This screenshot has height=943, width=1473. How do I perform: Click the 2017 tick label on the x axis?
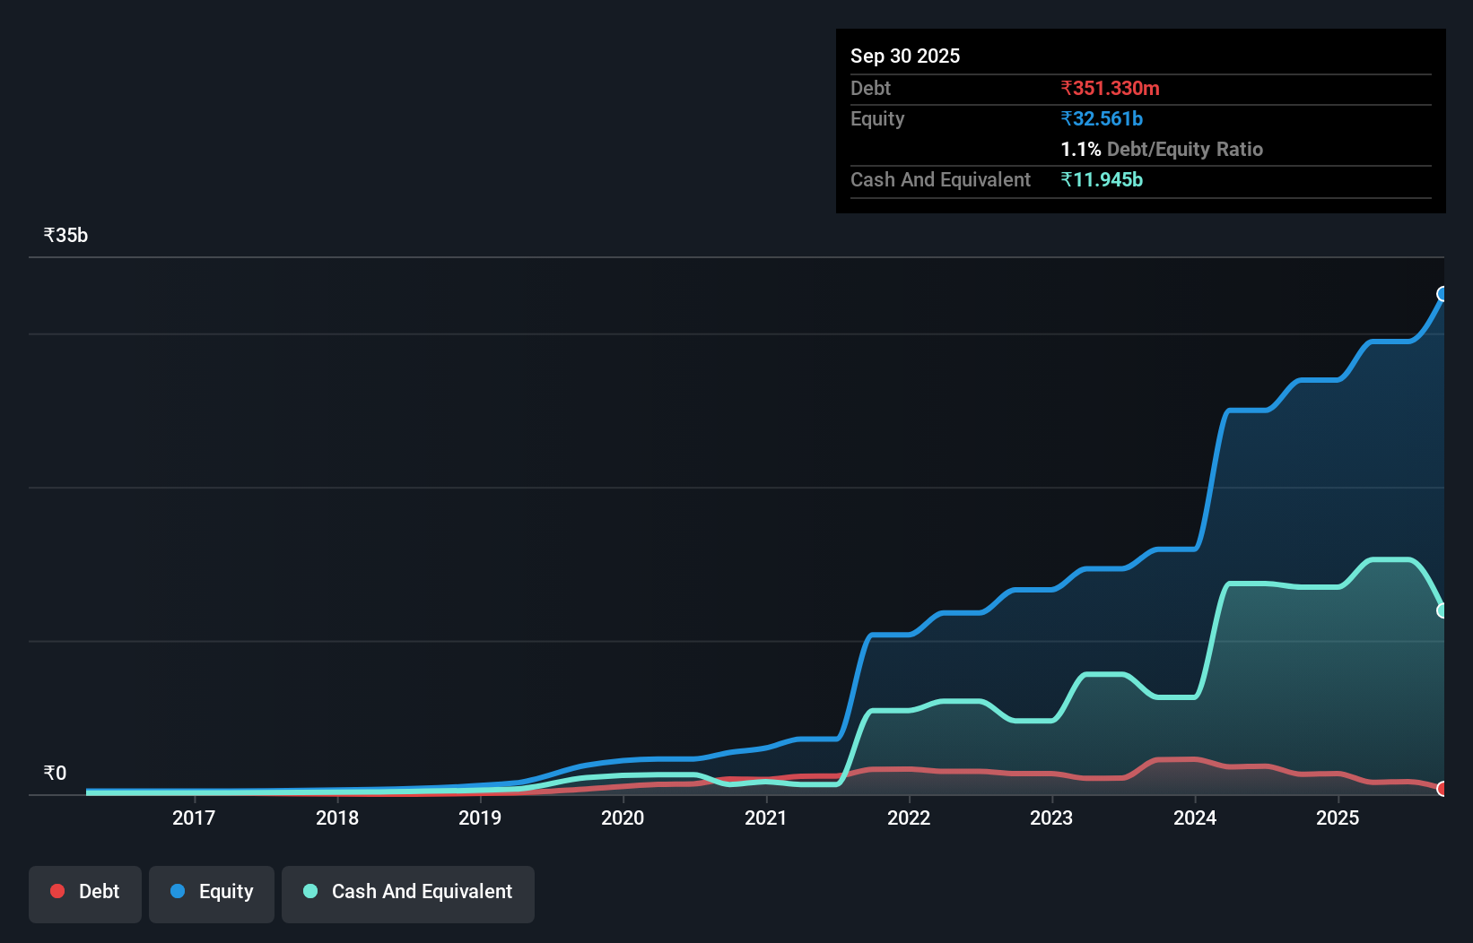[194, 818]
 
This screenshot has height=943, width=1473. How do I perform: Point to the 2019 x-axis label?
[480, 818]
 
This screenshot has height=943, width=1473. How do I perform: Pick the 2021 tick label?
[766, 818]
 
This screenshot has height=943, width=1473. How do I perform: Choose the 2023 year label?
[1051, 818]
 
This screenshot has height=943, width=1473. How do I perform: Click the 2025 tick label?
[1338, 818]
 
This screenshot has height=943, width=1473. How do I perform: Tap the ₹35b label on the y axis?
[65, 235]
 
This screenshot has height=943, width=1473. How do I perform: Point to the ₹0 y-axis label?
[55, 773]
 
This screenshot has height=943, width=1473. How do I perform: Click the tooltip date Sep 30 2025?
[904, 56]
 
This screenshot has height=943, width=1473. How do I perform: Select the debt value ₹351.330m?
[1110, 88]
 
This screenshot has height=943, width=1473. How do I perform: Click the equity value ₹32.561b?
[1102, 118]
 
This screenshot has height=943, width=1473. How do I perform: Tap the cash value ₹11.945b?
[1102, 179]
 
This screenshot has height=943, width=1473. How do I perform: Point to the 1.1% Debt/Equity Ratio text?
[1162, 149]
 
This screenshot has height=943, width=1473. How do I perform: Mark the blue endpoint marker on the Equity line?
[1442, 294]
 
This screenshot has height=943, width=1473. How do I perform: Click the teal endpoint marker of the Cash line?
[1442, 610]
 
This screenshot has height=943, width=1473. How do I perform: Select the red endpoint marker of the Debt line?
[1442, 789]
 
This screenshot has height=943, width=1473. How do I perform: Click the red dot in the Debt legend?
[57, 891]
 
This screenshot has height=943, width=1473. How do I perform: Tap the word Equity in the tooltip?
[877, 118]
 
